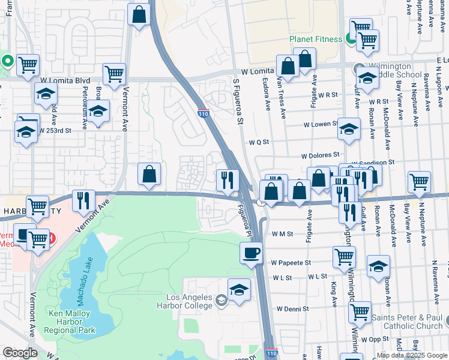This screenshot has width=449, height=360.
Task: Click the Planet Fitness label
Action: click(316, 40)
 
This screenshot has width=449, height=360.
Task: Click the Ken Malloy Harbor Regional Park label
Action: click(73, 322)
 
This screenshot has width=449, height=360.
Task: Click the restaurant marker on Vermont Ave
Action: click(83, 200)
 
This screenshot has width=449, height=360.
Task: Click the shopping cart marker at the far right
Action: click(419, 182)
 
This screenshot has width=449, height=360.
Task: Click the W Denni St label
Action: click(292, 309)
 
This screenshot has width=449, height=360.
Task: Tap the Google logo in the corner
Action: click(20, 353)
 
